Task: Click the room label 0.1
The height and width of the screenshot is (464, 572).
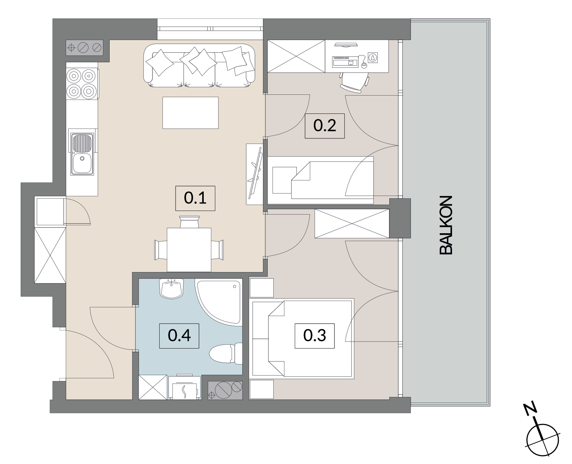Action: pyautogui.click(x=195, y=198)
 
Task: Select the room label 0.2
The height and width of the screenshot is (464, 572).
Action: pyautogui.click(x=325, y=126)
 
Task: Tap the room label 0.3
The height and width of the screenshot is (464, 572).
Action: pyautogui.click(x=315, y=336)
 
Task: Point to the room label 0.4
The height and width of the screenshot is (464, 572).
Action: pyautogui.click(x=179, y=336)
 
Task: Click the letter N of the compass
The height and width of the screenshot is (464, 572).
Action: pyautogui.click(x=530, y=408)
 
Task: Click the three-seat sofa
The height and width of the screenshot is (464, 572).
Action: pyautogui.click(x=199, y=65)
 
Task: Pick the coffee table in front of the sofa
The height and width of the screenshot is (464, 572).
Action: pyautogui.click(x=190, y=113)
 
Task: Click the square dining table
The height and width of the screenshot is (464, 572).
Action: pyautogui.click(x=189, y=249)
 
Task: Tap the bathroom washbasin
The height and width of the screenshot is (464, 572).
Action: pyautogui.click(x=171, y=288)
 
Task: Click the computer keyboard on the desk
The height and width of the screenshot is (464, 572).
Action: pyautogui.click(x=345, y=62)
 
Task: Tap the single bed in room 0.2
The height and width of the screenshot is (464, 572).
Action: pyautogui.click(x=321, y=180)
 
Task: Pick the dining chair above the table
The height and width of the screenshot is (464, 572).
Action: pyautogui.click(x=189, y=222)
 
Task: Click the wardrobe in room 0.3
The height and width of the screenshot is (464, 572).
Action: pyautogui.click(x=352, y=224)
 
